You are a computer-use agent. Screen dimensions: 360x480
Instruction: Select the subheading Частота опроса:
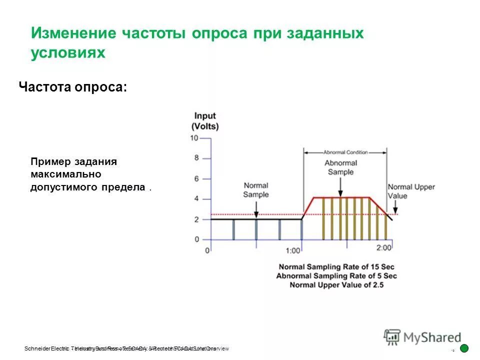point(72,86)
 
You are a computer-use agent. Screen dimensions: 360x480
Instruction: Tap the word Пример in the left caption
point(51,162)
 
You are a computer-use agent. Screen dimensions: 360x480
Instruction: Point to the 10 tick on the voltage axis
point(194,138)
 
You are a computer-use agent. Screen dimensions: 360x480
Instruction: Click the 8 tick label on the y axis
point(196,158)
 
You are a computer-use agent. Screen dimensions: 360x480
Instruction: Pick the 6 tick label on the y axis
point(196,178)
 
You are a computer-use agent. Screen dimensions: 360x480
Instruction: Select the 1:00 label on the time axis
point(293,250)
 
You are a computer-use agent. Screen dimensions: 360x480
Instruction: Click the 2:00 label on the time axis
point(384,247)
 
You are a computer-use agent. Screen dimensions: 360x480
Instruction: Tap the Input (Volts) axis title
point(205,121)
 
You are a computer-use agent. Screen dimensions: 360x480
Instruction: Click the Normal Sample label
point(256,190)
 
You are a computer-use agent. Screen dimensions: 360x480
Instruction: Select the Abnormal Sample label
point(340,167)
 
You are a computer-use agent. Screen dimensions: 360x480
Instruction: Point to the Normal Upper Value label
point(411,191)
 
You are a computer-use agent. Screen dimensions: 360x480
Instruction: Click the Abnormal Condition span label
point(345,152)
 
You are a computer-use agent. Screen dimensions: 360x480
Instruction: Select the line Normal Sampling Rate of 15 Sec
point(337,266)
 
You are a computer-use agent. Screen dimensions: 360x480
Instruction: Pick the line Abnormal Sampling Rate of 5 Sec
point(336,276)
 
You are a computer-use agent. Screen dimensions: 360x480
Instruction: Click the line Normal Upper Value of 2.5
point(336,285)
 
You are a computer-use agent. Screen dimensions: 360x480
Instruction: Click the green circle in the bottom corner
point(464,348)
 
